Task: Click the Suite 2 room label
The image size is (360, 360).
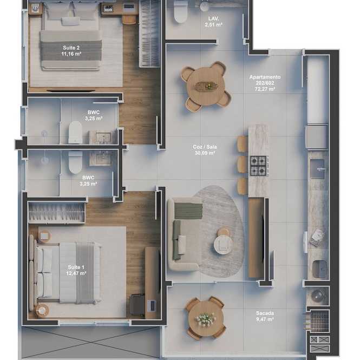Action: tap(71, 48)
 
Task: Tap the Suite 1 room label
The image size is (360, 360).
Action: tap(76, 267)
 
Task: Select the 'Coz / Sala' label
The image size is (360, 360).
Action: tap(205, 147)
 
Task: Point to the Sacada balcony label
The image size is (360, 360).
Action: tap(265, 313)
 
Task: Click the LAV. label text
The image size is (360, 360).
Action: tap(213, 18)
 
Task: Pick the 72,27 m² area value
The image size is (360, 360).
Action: tap(265, 89)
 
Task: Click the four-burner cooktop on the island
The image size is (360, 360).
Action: tap(259, 166)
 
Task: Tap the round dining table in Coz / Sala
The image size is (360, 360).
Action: tap(206, 86)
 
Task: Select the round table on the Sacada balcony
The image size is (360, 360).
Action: tap(206, 318)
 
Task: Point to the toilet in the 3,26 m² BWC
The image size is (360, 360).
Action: tap(75, 133)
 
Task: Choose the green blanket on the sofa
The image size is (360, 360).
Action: tap(188, 211)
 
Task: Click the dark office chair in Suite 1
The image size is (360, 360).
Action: tap(138, 304)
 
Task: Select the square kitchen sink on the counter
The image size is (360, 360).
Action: tap(318, 169)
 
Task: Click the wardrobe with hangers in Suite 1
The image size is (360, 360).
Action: tap(56, 212)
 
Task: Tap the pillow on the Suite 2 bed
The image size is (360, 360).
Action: tap(70, 21)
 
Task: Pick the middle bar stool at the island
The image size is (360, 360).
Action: tap(243, 165)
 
